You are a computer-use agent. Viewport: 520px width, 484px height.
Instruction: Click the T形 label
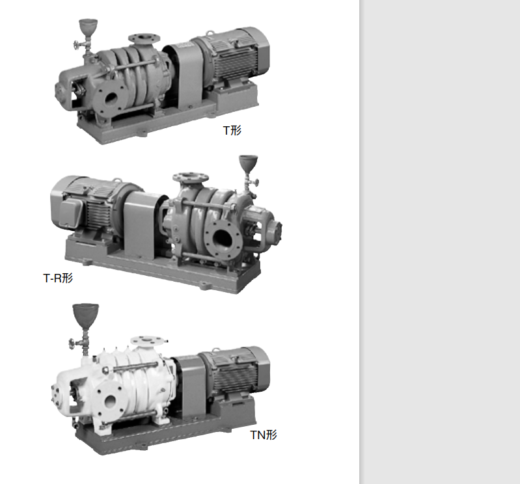tap(232, 130)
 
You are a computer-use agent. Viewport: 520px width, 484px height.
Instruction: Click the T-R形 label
tap(58, 278)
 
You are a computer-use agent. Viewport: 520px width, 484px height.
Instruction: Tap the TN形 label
tap(264, 435)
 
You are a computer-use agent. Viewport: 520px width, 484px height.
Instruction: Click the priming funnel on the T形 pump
tap(89, 27)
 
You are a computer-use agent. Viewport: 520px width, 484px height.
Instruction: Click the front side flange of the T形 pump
tap(111, 98)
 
